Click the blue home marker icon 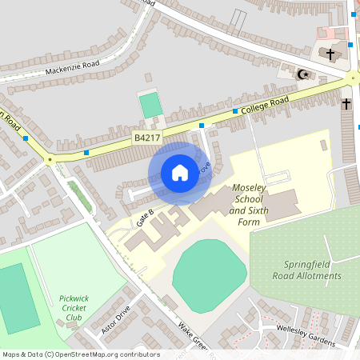(179, 173)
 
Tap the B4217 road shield (146, 138)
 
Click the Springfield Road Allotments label (312, 270)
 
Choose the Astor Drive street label (115, 321)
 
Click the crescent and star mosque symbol (302, 74)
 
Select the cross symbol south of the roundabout (346, 103)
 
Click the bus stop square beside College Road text (235, 111)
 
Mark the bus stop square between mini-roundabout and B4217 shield (86, 151)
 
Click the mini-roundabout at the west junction (50, 159)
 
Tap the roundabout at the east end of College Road (353, 78)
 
